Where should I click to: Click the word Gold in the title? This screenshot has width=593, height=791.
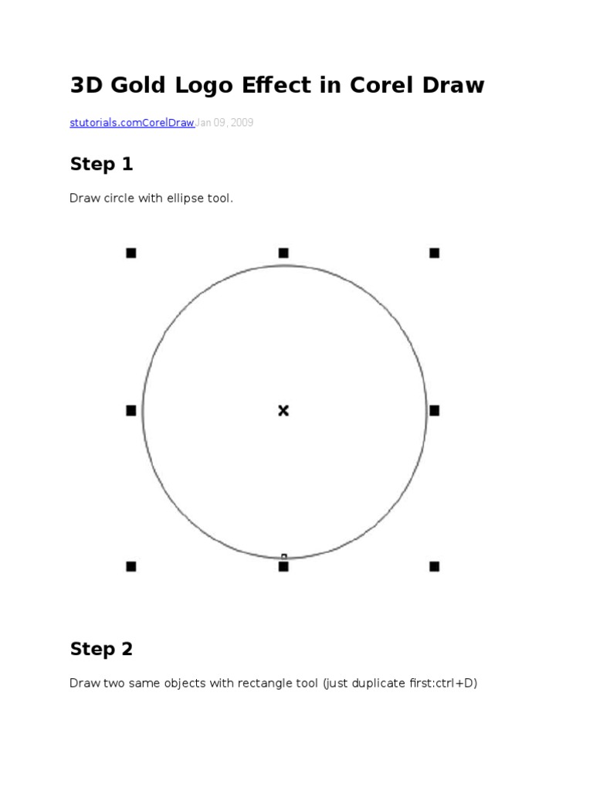(137, 85)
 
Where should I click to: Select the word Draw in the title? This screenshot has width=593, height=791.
(453, 85)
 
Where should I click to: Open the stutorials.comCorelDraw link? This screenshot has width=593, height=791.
(132, 123)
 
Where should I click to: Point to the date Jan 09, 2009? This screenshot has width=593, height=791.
(225, 123)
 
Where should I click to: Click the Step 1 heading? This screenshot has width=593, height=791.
(101, 164)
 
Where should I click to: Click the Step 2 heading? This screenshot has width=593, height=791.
(101, 649)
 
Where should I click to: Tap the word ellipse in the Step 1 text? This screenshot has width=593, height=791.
(185, 199)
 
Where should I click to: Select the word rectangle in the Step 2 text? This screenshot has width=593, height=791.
(265, 683)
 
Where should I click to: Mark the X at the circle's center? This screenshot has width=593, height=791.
(283, 411)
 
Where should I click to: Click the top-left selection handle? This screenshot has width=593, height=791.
(131, 253)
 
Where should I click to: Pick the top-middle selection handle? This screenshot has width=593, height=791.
(283, 253)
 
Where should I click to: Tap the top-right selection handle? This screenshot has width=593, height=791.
(434, 253)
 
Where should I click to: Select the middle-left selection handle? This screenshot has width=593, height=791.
(131, 411)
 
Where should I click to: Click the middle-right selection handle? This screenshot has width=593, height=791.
(434, 411)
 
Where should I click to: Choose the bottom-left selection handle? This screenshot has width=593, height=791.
(131, 566)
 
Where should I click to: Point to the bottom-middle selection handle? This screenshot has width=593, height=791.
(283, 566)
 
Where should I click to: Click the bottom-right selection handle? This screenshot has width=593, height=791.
(434, 566)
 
